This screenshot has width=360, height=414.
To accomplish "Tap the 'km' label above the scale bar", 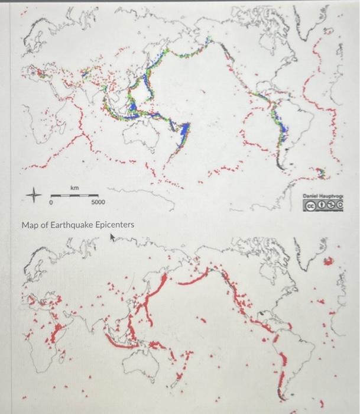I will click(75, 187).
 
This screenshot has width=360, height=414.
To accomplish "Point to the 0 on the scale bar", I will click(52, 203).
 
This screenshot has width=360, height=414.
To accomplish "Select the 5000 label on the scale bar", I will click(98, 203).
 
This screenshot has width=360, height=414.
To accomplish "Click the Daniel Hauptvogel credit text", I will click(322, 195).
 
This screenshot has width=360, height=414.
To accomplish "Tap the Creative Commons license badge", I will click(323, 205).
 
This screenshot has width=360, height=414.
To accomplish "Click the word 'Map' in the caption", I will click(30, 225).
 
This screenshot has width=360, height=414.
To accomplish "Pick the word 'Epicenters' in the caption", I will click(115, 225).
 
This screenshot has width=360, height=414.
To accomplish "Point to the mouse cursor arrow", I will click(112, 238).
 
